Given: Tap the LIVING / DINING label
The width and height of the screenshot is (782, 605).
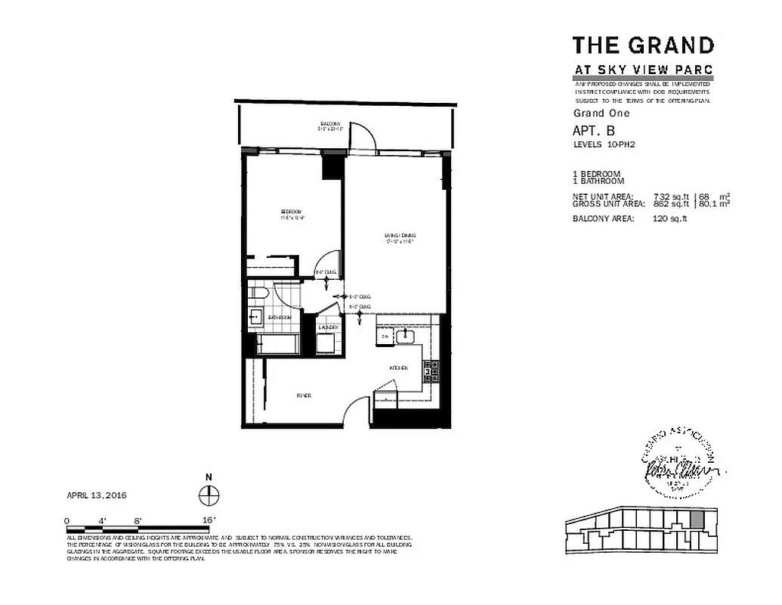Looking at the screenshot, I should pos(400,236).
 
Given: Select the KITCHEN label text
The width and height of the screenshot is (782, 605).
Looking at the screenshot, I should pos(399,368).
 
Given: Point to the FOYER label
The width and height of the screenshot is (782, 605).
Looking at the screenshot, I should pos(304,396).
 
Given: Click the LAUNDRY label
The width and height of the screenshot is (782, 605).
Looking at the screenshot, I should pos(327,327).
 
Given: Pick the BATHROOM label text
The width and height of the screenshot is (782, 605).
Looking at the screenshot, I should pos(280,318).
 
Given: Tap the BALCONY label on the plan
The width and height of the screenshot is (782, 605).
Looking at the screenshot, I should pos(330,123).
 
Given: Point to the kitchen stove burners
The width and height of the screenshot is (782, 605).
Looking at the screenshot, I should pos(427,371).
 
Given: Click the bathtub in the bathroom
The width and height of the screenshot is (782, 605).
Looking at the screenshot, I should pos(278,345).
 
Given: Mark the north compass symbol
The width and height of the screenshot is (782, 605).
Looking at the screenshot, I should pos(209,495).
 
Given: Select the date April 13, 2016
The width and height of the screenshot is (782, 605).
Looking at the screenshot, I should pos(96,495).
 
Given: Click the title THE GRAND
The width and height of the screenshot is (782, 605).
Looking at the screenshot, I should pos(643,45).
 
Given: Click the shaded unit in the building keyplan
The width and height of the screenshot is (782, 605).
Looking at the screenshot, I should pos(697,520).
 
